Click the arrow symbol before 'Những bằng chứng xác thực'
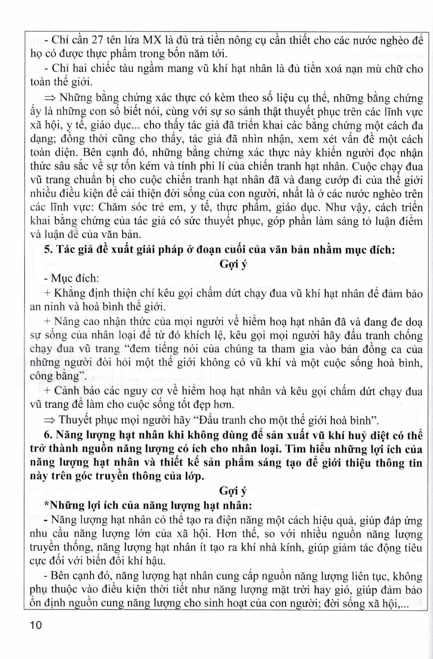pos(51,98)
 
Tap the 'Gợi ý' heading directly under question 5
pos(233,264)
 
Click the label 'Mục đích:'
pos(75,279)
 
